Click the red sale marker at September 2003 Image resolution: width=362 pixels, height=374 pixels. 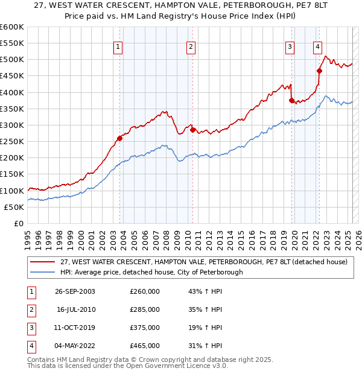point(120,138)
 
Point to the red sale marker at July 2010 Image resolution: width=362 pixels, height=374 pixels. point(192,130)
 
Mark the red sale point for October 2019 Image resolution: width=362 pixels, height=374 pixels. point(291,100)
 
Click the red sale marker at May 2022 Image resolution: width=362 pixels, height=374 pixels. point(319,71)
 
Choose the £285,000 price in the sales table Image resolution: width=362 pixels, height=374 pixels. point(145,309)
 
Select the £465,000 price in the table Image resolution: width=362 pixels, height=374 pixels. point(145,346)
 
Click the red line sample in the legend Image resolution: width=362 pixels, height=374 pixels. point(43,262)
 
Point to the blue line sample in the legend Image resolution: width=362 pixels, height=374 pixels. point(43,272)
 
